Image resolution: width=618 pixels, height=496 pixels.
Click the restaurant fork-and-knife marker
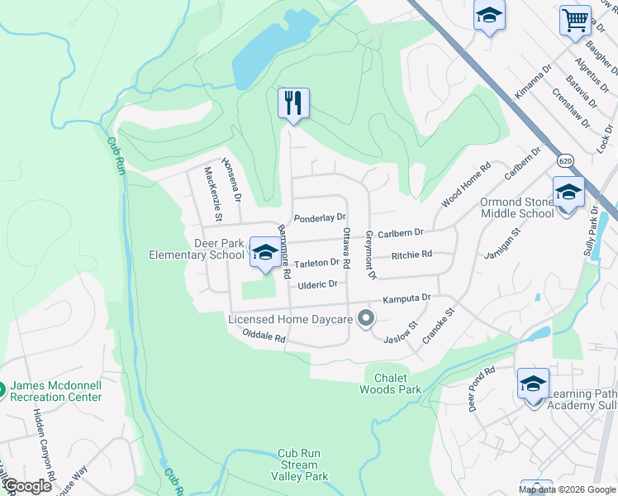coord(293,103)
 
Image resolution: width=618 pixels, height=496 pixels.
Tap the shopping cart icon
coord(575,20)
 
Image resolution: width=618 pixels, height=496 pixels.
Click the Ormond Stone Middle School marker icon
coord(568,193)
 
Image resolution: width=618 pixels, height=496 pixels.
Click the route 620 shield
coord(565,159)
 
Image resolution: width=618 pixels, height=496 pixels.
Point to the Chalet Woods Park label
coord(392,384)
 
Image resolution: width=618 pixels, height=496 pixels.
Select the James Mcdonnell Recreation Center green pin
coord(2,387)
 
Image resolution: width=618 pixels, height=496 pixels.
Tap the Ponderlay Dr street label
coord(320,217)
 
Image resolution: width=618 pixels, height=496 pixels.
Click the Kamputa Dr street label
coord(406,298)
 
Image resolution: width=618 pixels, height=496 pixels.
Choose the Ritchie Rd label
coord(412,255)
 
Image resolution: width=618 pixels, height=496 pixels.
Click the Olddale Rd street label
coord(264,336)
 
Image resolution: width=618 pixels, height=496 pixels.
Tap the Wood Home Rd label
coord(466,184)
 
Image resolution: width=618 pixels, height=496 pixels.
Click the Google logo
coord(26,486)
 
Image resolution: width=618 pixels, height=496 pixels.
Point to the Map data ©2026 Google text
coord(567,489)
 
